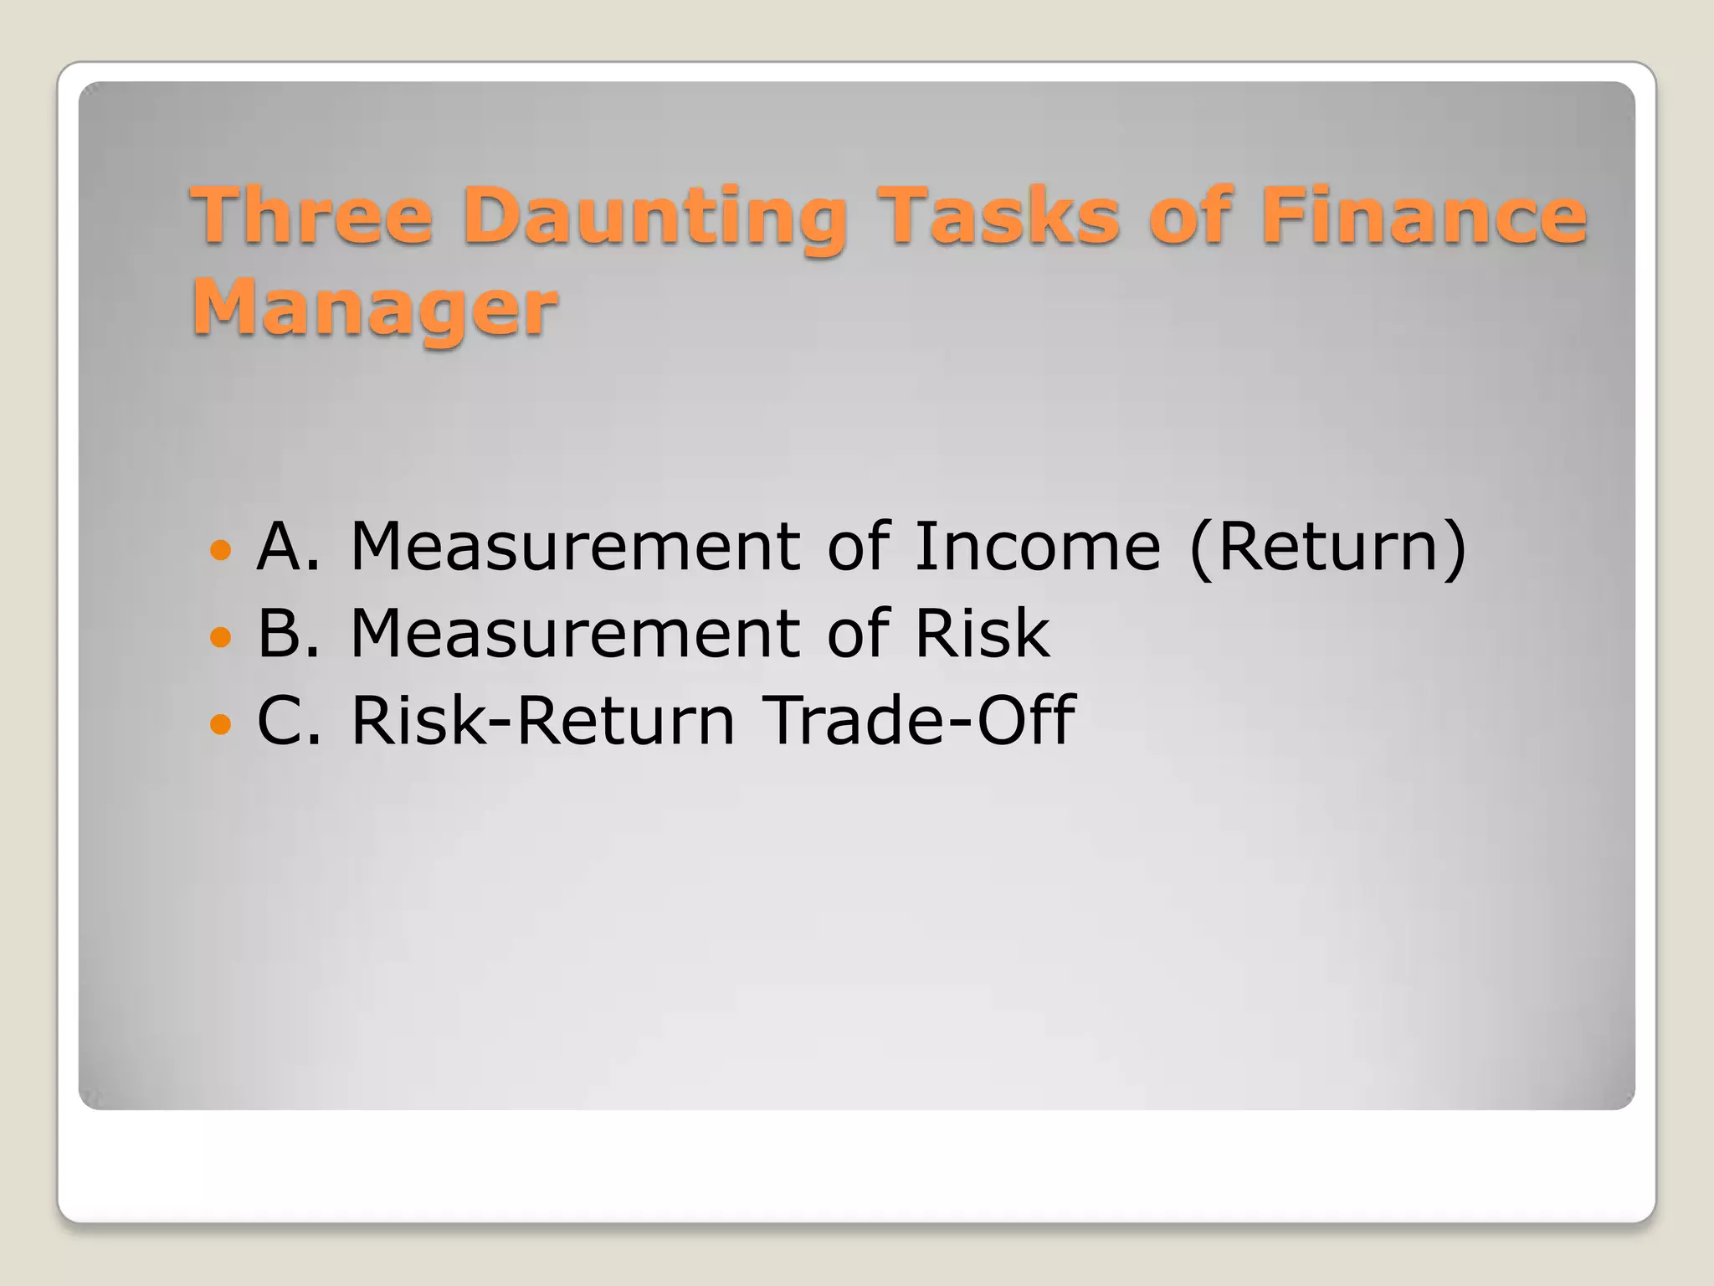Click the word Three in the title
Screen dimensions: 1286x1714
pos(311,215)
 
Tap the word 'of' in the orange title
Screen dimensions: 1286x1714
pos(1189,215)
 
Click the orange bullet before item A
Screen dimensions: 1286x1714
pos(220,550)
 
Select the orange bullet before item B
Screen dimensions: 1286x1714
pos(220,637)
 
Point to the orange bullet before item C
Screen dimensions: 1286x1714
pos(220,723)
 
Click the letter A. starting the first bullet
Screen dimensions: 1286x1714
pos(288,547)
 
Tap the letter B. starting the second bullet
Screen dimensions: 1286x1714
pos(288,634)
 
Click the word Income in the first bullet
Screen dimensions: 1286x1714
pos(1037,547)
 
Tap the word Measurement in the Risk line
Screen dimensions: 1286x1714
pos(577,634)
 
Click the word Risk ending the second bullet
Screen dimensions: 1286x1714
pos(981,634)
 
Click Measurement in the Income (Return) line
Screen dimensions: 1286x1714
pos(577,547)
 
